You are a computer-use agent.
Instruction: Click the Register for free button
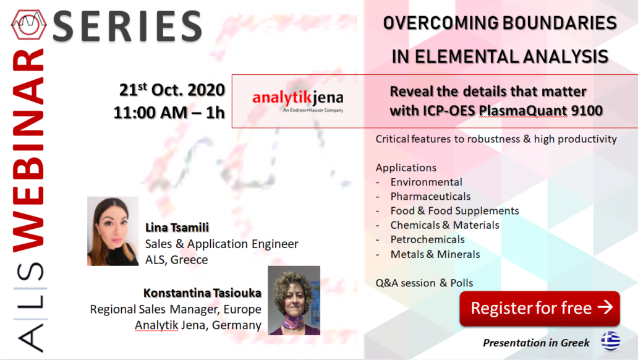pos(540,308)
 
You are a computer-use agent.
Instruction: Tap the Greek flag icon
pos(611,341)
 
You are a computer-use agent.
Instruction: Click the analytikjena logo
pos(298,100)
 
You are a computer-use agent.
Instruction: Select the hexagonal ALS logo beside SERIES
pos(28,25)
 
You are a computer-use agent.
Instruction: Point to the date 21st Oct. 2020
pos(172,90)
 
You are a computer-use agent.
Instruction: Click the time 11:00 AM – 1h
pos(169,113)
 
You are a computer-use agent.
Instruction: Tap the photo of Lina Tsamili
pos(113,231)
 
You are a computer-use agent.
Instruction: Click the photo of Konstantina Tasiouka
pos(294,301)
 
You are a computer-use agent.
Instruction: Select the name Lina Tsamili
pos(177,228)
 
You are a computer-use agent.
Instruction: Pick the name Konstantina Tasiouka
pos(202,293)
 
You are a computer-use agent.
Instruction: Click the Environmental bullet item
pos(426,182)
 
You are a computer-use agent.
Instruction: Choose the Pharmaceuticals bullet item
pos(430,196)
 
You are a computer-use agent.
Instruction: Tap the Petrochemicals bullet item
pos(427,239)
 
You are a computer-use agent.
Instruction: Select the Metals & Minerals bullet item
pos(435,254)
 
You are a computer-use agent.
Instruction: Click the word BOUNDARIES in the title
pos(558,23)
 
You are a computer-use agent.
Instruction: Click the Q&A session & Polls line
pos(424,283)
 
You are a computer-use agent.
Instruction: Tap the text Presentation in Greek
pos(536,343)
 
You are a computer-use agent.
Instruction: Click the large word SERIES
pos(127,26)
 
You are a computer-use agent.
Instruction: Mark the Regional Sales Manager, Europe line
pos(176,309)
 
